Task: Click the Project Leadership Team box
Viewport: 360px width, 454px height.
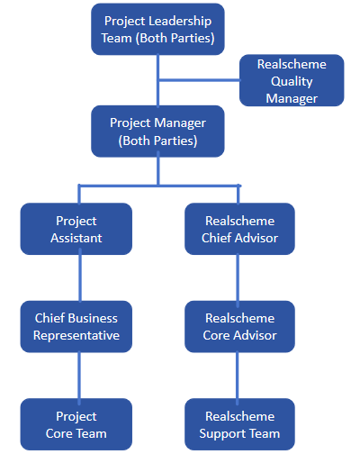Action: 157,29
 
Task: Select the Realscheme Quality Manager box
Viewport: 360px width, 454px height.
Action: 292,80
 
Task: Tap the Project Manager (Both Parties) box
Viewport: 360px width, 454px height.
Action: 157,132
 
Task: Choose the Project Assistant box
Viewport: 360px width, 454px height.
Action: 76,229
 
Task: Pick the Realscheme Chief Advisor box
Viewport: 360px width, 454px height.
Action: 239,229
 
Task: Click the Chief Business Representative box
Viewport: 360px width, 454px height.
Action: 76,326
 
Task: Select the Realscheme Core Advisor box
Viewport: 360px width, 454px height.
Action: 239,326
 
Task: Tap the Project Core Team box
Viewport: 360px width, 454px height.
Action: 76,424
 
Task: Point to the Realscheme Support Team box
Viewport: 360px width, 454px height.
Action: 239,424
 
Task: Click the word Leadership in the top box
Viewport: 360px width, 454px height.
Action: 180,22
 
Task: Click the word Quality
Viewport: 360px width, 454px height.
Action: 292,82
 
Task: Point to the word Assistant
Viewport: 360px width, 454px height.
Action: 76,238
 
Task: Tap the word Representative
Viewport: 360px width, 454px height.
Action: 76,336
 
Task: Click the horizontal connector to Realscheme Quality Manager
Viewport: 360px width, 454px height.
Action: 199,80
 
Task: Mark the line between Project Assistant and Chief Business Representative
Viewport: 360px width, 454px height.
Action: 80,277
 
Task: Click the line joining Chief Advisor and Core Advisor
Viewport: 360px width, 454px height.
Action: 238,277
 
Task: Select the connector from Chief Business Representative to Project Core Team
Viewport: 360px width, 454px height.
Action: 79,376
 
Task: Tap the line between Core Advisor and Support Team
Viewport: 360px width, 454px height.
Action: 238,376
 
